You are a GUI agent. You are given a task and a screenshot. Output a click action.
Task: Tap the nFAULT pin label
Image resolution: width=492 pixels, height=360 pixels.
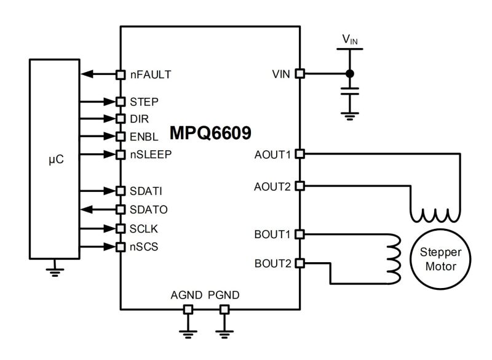(x=150, y=74)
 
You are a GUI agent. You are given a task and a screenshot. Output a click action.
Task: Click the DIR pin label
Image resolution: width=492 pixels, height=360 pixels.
(x=140, y=118)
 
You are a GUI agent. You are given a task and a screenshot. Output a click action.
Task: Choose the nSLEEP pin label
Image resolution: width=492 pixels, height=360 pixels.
(x=151, y=154)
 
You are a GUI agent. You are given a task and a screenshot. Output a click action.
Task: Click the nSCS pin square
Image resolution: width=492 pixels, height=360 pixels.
(x=121, y=247)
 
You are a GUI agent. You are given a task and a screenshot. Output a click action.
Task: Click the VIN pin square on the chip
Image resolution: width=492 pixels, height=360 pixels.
(x=300, y=74)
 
